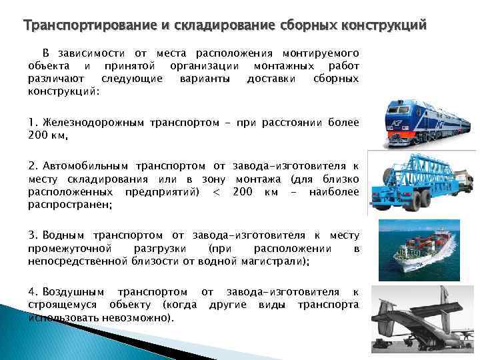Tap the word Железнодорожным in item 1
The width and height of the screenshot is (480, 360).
(x=92, y=122)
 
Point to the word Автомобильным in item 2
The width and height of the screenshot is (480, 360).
(x=87, y=165)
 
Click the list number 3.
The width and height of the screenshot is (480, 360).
(x=32, y=235)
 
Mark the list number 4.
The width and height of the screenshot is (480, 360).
(x=32, y=291)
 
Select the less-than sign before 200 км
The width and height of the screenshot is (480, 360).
(x=215, y=192)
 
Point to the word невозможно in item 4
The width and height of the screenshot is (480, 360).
(x=138, y=318)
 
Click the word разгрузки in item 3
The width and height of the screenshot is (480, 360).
(x=167, y=249)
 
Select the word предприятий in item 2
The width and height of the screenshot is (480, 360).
(x=163, y=192)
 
